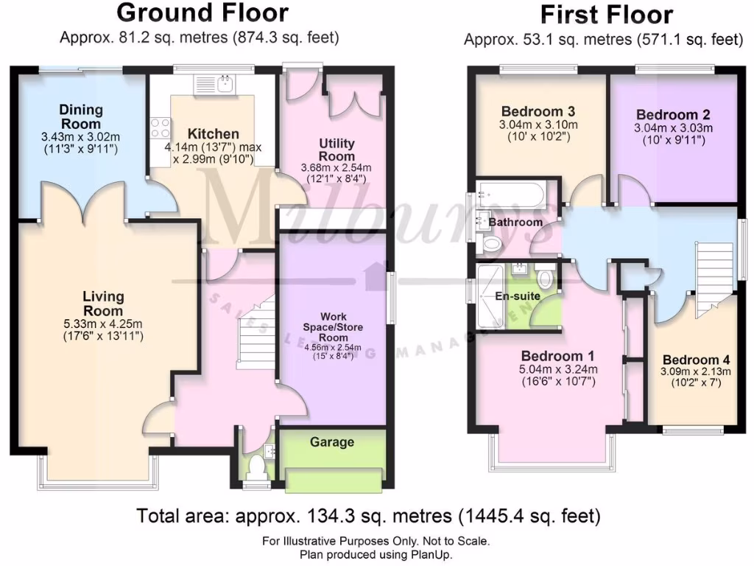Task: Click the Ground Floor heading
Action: point(202,13)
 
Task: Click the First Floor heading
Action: point(606,15)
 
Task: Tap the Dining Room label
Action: point(81,116)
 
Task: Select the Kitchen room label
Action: point(213,134)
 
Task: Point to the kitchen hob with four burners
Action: point(160,131)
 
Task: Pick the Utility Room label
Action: point(337,150)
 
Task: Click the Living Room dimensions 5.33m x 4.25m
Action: point(103,323)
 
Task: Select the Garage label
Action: point(331,442)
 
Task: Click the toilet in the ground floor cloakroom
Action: point(257,467)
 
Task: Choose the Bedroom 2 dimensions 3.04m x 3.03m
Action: point(673,127)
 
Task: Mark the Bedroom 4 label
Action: point(695,360)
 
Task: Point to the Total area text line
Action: point(368,516)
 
